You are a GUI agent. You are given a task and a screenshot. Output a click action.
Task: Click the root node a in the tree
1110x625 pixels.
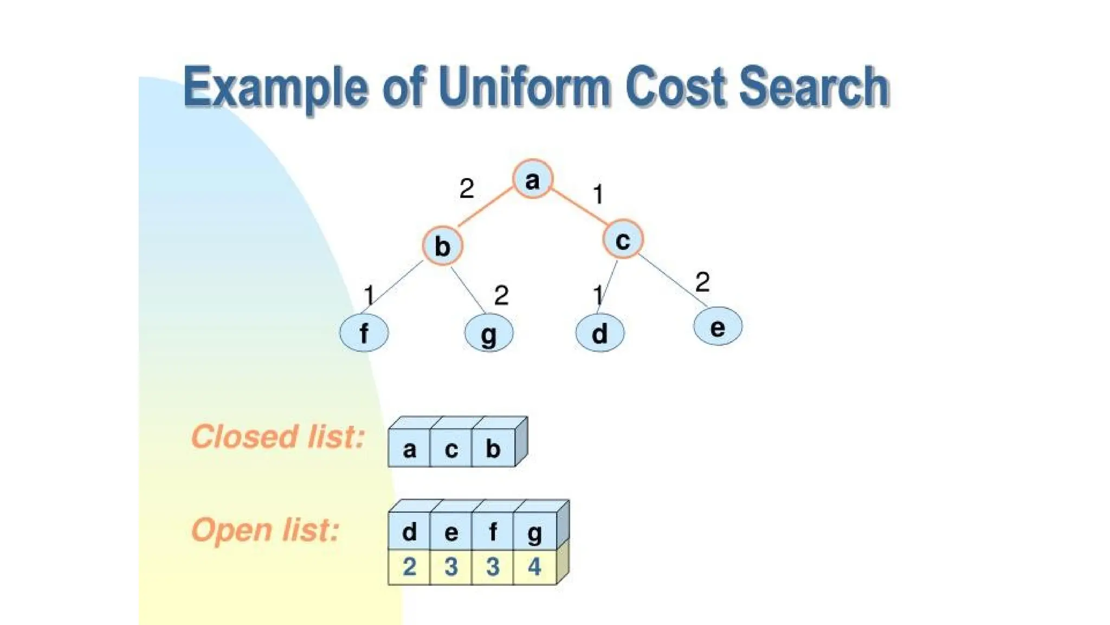[x=532, y=179]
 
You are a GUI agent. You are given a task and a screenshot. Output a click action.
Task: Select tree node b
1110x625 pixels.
[x=442, y=246]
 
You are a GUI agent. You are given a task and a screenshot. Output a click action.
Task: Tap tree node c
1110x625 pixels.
[x=623, y=239]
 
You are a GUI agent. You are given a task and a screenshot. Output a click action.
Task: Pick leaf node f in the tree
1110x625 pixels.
[x=364, y=333]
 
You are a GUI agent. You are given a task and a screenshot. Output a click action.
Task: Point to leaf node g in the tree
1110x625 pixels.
[x=488, y=333]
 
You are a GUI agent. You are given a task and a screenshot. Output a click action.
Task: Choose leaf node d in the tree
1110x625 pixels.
[x=599, y=333]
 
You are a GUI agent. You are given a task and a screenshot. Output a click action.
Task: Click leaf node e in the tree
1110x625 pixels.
[x=718, y=327]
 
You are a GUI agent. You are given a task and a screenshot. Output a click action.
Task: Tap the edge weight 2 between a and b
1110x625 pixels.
[x=466, y=189]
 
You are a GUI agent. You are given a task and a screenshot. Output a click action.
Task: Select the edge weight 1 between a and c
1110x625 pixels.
[x=598, y=194]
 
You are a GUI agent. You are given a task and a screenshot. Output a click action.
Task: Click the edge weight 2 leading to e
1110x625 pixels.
[x=702, y=282]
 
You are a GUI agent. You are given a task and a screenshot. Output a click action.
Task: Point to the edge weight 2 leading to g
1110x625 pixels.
[x=501, y=296]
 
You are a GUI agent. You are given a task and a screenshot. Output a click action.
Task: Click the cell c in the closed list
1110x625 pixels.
[x=451, y=449]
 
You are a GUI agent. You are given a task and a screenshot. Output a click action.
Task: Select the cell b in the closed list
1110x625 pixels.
[x=493, y=449]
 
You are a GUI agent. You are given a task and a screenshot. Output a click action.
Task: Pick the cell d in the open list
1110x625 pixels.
[x=409, y=532]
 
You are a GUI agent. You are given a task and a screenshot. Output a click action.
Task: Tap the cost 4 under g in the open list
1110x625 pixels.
[x=534, y=567]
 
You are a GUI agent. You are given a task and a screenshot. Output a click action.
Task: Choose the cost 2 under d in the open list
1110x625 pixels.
[x=409, y=567]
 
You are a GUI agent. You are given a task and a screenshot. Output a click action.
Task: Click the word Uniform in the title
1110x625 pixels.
[x=525, y=87]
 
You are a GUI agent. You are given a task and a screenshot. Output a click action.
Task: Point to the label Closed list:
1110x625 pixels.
[x=277, y=437]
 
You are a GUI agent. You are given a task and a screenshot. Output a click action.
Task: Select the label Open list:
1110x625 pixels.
[x=265, y=530]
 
